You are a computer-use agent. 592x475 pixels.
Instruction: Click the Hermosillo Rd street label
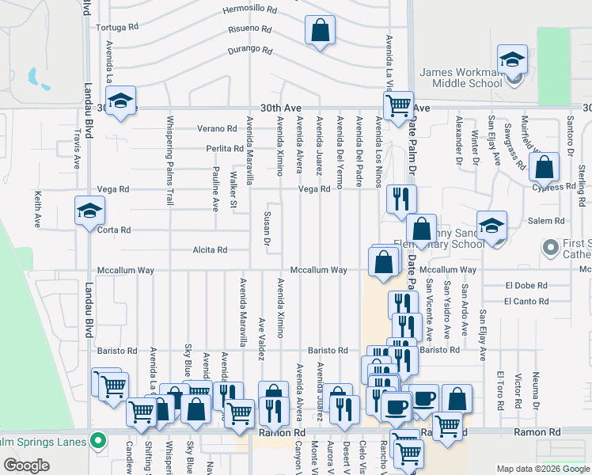[x=250, y=10]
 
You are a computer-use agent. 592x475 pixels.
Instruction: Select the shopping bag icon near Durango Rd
[x=319, y=31]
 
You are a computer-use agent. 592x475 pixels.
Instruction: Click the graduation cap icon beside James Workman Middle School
[x=512, y=59]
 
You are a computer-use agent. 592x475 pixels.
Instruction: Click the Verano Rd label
[x=221, y=128]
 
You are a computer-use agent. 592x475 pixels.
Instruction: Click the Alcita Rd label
[x=210, y=250]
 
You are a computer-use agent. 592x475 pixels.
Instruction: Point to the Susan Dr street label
[x=268, y=227]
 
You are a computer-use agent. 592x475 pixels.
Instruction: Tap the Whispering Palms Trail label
[x=169, y=161]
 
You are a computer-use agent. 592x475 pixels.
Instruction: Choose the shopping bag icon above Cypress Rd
[x=545, y=167]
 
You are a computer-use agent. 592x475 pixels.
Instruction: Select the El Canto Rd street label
[x=526, y=302]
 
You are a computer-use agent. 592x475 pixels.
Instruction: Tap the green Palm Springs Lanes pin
[x=98, y=439]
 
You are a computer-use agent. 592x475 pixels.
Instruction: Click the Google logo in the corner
[x=26, y=465]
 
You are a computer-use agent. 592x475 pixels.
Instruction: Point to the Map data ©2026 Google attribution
[x=542, y=469]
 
